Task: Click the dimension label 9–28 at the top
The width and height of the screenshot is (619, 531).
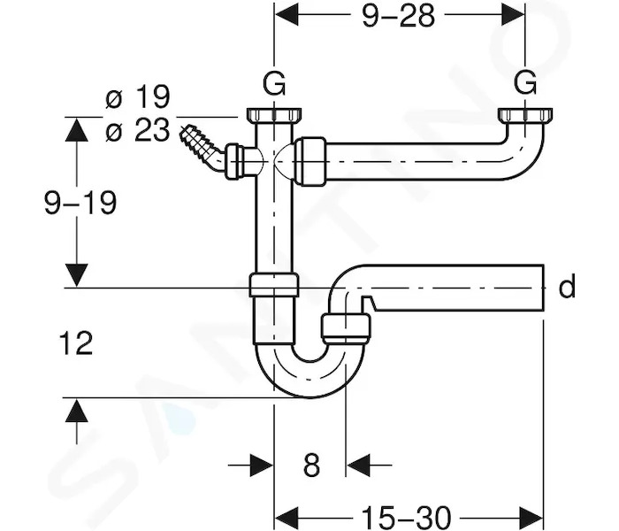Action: tap(398, 16)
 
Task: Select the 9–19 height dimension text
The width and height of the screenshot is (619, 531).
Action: tap(80, 203)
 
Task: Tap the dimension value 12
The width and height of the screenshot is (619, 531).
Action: tap(76, 342)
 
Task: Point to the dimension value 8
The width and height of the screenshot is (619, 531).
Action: tap(311, 465)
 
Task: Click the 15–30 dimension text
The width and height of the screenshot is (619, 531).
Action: tap(406, 516)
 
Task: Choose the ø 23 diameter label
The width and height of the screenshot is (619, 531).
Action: tap(138, 129)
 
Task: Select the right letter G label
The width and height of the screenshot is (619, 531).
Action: tap(525, 82)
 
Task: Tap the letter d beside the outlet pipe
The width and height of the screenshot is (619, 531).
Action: tap(567, 287)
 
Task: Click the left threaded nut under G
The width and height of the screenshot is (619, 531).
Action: tap(274, 115)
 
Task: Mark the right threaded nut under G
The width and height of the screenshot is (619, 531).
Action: tap(525, 115)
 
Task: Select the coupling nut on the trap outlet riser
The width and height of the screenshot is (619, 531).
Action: tap(346, 328)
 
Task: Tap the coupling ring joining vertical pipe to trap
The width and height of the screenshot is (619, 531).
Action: tap(273, 285)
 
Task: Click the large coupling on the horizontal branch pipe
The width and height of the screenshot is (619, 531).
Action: tap(310, 161)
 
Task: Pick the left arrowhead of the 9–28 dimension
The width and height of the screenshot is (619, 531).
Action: tap(287, 15)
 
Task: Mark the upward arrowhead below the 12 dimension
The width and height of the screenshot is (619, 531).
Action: tap(77, 411)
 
